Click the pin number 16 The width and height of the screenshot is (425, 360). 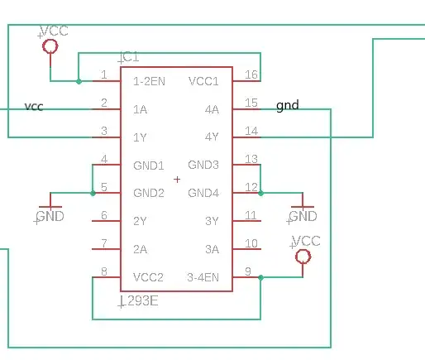(251, 75)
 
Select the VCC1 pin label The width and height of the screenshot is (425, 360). (203, 81)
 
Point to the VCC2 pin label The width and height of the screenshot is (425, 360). (149, 277)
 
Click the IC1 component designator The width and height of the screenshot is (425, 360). (130, 57)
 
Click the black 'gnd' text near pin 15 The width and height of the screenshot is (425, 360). (287, 106)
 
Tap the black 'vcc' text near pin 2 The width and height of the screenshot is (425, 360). (34, 107)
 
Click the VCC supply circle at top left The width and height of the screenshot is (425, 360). (50, 47)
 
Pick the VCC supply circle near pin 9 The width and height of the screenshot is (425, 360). (303, 257)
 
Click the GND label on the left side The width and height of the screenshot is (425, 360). (50, 217)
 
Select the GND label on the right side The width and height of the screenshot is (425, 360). (303, 217)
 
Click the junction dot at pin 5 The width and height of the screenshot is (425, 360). (92, 193)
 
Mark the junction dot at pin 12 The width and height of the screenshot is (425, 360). (260, 193)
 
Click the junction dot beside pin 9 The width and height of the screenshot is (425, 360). (260, 277)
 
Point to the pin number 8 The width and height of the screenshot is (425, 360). (103, 271)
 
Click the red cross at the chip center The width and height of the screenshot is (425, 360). (177, 179)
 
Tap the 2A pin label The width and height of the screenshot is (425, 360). (141, 249)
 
